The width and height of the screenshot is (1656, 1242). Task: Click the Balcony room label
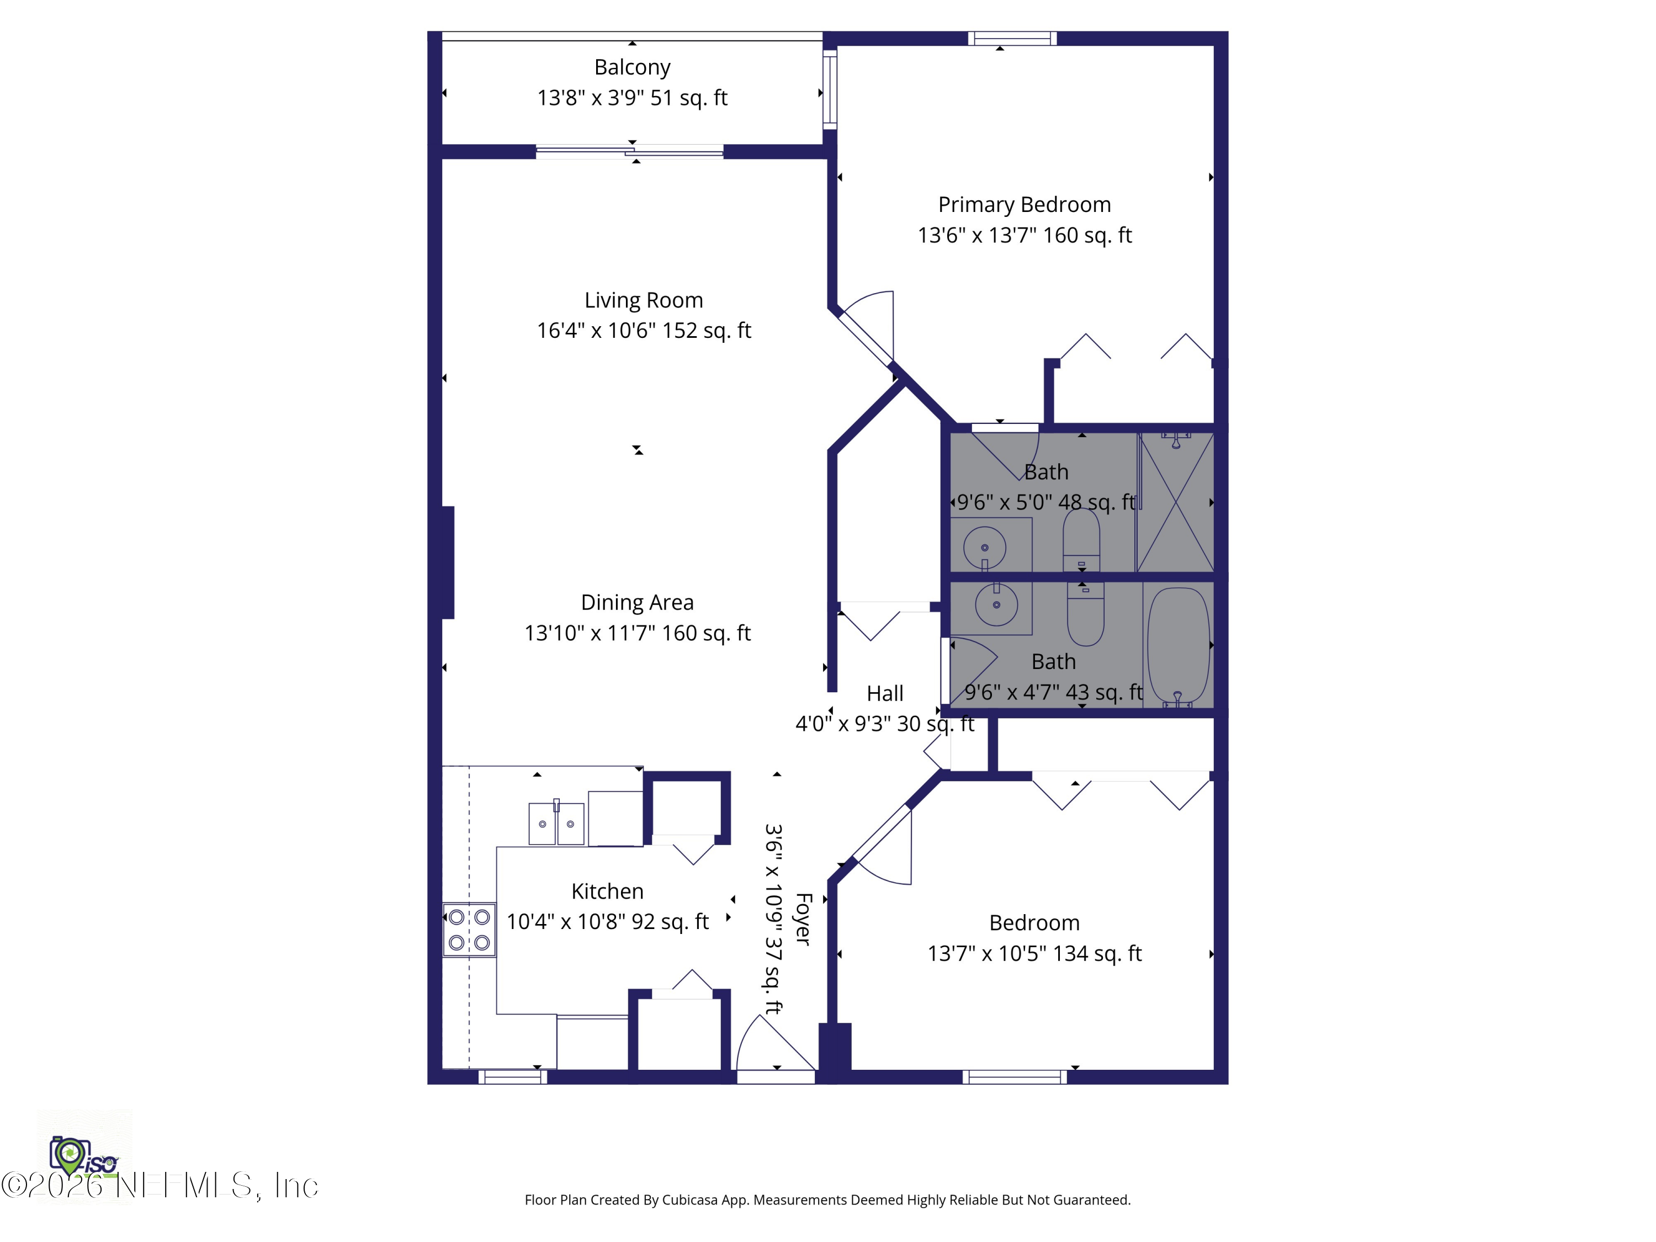tap(632, 67)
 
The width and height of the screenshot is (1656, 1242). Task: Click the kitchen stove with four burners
tap(469, 929)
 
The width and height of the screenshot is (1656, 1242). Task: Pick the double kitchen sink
tap(556, 823)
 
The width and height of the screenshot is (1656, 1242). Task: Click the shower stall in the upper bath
tap(1175, 502)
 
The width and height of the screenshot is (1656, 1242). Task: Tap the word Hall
tap(885, 693)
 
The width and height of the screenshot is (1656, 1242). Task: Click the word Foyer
tap(803, 919)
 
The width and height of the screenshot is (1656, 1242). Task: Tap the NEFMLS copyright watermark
tap(160, 1186)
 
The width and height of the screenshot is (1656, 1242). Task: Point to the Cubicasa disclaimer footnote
tap(827, 1200)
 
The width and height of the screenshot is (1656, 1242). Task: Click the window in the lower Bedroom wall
tap(1015, 1078)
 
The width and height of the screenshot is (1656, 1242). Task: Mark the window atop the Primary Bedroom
tap(1012, 38)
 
